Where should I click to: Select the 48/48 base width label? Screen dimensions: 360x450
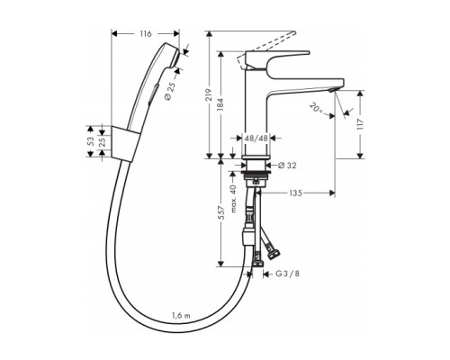pos(255,139)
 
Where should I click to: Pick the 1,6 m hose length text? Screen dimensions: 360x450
pos(183,314)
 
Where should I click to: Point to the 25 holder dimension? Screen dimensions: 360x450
pos(103,142)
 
